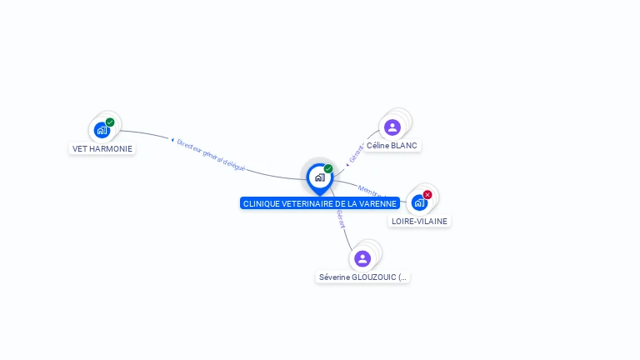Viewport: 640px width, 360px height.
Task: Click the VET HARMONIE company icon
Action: pos(101,130)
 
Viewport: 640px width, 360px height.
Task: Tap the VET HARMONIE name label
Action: pos(102,149)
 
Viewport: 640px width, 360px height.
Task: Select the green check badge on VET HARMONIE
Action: pos(110,122)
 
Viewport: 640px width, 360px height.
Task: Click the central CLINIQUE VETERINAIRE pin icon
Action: pos(319,177)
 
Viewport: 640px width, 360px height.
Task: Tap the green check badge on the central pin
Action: pos(328,168)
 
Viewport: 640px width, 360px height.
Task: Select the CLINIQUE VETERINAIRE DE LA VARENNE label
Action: pos(320,203)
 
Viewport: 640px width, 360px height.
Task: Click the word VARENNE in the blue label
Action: pos(377,203)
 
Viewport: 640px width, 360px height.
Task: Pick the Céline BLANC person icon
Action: pos(392,127)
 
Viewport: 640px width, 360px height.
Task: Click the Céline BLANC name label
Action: pos(392,145)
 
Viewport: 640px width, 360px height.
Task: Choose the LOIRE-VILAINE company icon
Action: pos(418,202)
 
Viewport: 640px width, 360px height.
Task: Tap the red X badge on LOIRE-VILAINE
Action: pos(427,195)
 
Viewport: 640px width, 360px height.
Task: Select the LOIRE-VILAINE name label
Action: pos(419,221)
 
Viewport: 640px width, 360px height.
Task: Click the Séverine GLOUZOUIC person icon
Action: pos(362,258)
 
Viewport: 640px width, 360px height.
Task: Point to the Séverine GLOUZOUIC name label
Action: pos(362,277)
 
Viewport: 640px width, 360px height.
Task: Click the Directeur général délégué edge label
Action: pos(211,155)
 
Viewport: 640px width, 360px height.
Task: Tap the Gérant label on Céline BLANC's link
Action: pos(357,153)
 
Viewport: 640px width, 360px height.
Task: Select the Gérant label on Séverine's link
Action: pos(340,218)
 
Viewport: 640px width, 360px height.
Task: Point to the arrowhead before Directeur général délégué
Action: pos(172,140)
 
